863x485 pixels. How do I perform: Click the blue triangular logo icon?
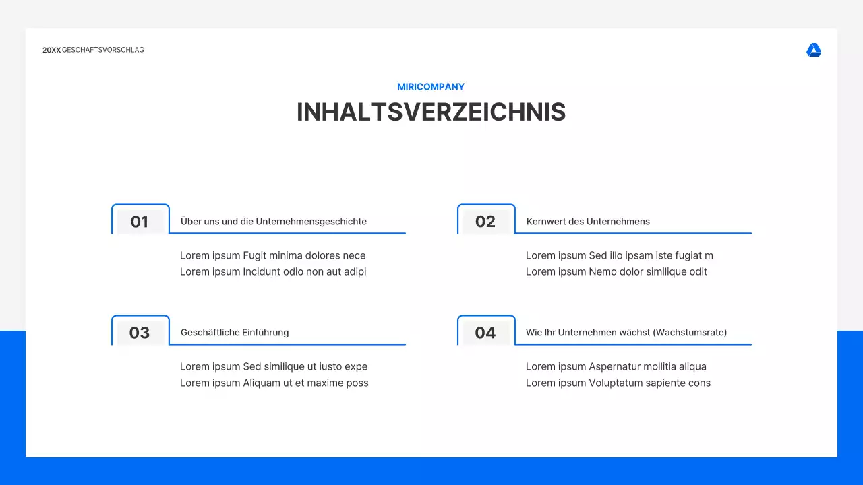point(814,51)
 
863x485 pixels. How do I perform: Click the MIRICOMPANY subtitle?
point(431,87)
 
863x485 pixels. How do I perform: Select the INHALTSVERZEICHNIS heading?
point(431,112)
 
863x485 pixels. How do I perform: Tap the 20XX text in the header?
point(51,51)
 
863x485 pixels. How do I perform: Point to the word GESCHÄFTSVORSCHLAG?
point(103,51)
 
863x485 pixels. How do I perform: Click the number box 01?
point(140,222)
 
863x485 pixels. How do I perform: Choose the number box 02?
point(485,222)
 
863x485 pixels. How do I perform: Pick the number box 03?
point(140,333)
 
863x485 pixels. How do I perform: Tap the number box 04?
point(485,333)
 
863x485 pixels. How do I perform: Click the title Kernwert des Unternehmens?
point(588,222)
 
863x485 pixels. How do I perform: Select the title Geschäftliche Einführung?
point(235,333)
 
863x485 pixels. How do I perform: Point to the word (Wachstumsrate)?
point(690,333)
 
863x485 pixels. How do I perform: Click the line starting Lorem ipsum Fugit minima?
point(272,256)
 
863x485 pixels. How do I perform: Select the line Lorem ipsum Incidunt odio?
point(272,272)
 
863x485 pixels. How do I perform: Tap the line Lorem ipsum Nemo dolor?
point(616,272)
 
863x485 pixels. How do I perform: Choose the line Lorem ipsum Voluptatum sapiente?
point(618,383)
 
